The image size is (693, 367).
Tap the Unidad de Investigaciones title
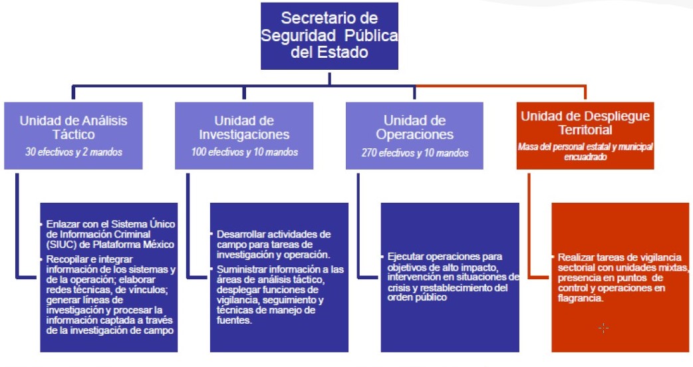click(244, 127)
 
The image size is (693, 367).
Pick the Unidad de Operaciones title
click(414, 127)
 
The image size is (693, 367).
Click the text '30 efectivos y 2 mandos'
click(73, 153)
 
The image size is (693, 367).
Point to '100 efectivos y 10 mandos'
click(244, 153)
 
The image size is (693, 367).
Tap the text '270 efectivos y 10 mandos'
click(414, 153)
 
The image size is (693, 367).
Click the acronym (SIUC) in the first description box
click(62, 243)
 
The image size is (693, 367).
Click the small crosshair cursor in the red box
click(603, 328)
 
